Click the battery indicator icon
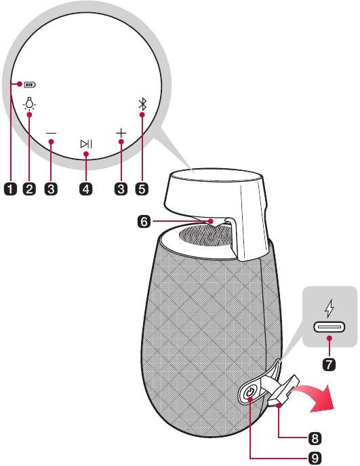30,85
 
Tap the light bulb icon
29,103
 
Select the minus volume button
51,134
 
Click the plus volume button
121,133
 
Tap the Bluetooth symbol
143,104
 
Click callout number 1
10,189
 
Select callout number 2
29,189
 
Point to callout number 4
85,189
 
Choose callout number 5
142,189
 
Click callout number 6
144,222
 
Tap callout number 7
329,364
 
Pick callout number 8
315,438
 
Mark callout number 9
315,458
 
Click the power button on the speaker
249,393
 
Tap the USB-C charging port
329,327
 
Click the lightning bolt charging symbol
329,308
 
